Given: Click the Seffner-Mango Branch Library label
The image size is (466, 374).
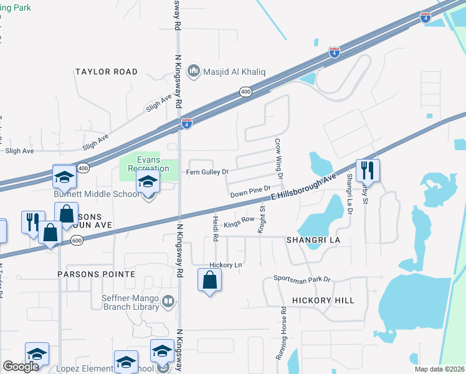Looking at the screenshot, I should [x=133, y=302].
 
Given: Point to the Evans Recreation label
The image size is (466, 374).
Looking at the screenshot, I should [x=148, y=164].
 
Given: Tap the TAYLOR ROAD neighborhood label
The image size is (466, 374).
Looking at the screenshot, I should [x=107, y=72].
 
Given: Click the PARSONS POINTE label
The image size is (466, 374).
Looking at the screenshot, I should [x=96, y=274].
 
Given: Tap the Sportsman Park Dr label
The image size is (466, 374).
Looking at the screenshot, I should [x=302, y=279].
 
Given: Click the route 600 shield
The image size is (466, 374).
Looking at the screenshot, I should [x=76, y=240].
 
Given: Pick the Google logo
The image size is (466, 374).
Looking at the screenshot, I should [x=21, y=367].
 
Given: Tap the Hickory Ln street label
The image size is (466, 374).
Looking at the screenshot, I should [x=226, y=265].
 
